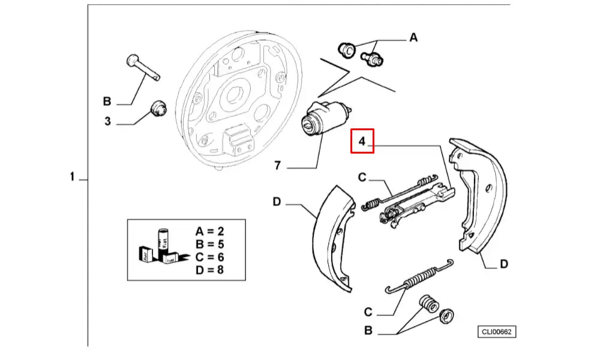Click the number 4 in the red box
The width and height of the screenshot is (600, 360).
(x=362, y=142)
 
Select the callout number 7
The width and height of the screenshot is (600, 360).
(x=277, y=166)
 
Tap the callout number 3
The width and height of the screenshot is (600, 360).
(x=107, y=121)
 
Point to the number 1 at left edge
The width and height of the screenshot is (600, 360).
(x=72, y=177)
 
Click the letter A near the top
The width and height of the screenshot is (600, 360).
(x=413, y=38)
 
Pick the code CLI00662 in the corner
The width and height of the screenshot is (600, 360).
(x=497, y=332)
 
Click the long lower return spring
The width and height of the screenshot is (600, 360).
(x=419, y=280)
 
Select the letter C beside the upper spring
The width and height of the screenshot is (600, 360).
(x=362, y=177)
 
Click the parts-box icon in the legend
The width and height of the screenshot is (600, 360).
(x=157, y=248)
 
